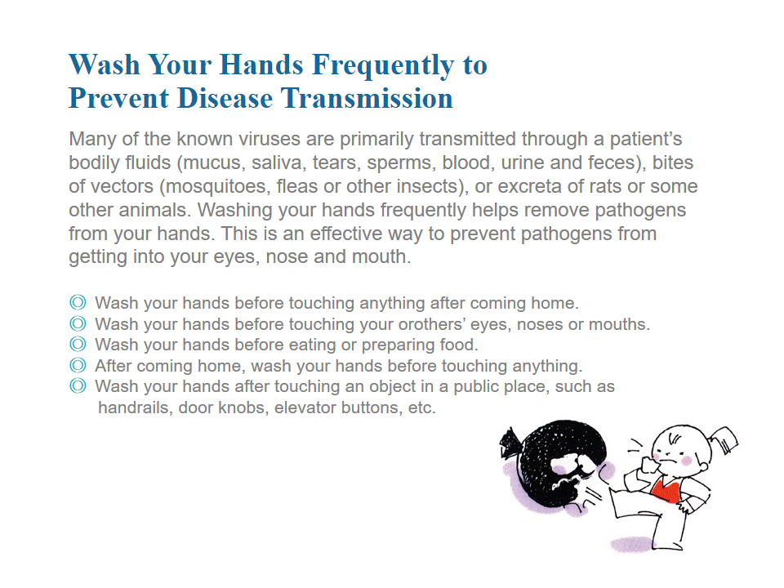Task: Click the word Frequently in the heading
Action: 382,66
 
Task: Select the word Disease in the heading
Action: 225,98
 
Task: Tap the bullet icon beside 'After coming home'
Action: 78,366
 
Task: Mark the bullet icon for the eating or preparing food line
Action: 78,345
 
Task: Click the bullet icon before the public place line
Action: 78,386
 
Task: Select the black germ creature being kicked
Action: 553,465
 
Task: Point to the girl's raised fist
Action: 650,465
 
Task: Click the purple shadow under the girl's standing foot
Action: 631,544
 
